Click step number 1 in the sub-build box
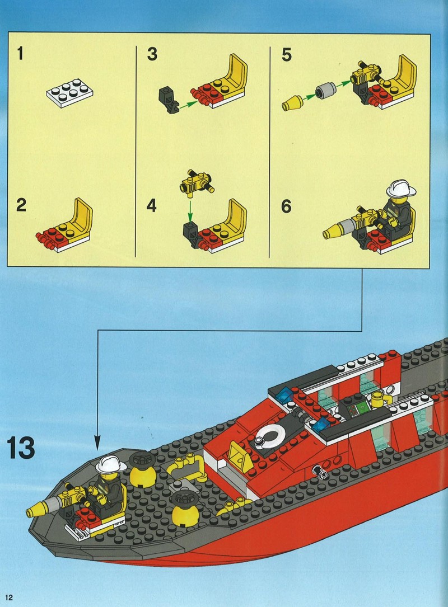tap(21, 54)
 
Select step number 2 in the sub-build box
tap(21, 205)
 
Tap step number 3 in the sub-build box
tap(152, 54)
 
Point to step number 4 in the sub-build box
tap(152, 205)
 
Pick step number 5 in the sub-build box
tap(287, 55)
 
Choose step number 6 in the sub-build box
tap(286, 206)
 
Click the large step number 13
tap(21, 448)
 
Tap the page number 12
tap(8, 597)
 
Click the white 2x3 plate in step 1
tap(70, 92)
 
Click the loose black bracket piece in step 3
tap(169, 100)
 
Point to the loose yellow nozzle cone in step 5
tap(292, 102)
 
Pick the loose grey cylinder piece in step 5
tap(325, 90)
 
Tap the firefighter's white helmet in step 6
tap(400, 189)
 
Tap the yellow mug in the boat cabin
tap(377, 399)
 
